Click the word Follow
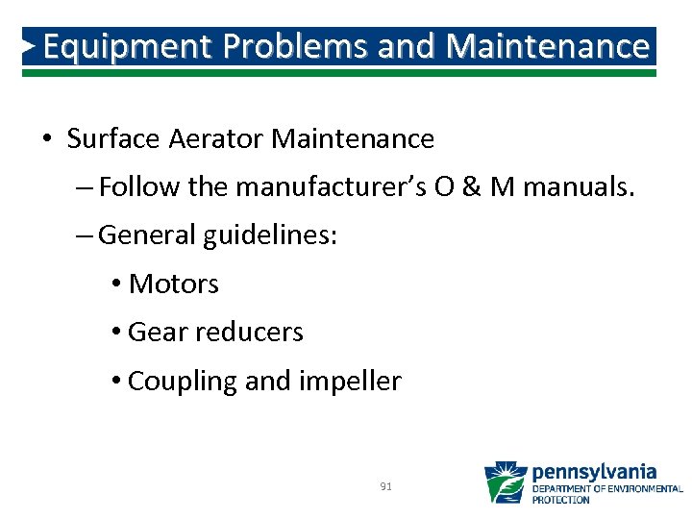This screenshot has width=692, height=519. [140, 186]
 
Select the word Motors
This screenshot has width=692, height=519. [174, 284]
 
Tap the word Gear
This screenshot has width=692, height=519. [158, 333]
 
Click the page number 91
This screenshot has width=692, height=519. [385, 487]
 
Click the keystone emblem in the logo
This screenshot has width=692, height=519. [505, 482]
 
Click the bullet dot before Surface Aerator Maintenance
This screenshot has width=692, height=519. [47, 140]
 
